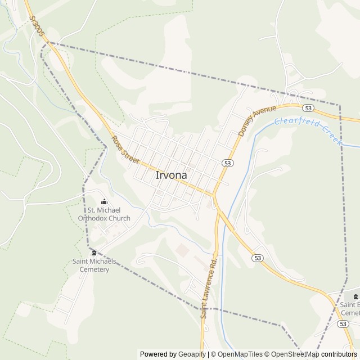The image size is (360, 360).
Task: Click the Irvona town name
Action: click(x=171, y=175)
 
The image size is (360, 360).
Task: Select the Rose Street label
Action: click(x=124, y=150)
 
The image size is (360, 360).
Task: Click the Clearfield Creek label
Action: click(x=308, y=130)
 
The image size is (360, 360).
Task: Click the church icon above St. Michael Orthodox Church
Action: click(x=104, y=202)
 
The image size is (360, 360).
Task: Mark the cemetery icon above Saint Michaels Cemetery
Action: click(x=94, y=253)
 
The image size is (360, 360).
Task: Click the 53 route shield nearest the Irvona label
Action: click(x=227, y=163)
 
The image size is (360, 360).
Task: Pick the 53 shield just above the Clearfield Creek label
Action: click(x=307, y=107)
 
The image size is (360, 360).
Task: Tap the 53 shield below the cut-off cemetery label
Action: click(x=343, y=323)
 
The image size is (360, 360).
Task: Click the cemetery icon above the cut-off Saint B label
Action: click(x=355, y=296)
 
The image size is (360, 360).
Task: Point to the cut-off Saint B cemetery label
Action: click(x=350, y=309)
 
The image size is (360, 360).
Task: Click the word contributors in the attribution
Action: click(x=339, y=354)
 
